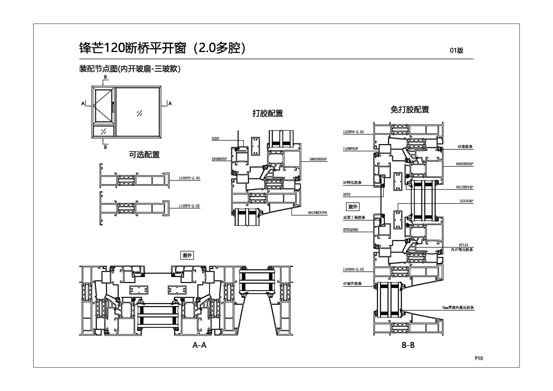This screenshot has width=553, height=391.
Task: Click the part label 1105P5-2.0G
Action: pos(189,178)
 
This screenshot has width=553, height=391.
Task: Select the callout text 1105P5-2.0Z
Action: pos(189,206)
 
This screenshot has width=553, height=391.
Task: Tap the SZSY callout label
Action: pos(215,139)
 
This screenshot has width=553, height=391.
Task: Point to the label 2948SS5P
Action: pos(219,159)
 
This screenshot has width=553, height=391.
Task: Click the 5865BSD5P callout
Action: pos(318,159)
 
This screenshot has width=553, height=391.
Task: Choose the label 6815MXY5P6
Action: pos(317,213)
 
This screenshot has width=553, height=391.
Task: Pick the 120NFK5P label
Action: pos(350,149)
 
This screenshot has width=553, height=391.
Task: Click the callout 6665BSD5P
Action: pos(464,164)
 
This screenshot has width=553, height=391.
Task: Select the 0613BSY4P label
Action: pos(464,187)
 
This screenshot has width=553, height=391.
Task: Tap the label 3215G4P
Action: pos(466,201)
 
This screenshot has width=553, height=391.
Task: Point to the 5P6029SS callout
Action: pos(350,230)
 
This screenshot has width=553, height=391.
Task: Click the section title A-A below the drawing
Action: pos(199,345)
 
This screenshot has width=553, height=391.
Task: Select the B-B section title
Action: pos(408,345)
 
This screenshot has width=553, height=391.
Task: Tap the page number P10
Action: pos(479,358)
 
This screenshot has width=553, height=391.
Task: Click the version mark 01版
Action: pos(457,50)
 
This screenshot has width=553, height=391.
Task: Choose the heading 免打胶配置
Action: pos(410,110)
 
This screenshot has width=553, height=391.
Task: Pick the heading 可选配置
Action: pos(144,155)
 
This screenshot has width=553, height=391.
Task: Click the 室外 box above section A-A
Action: pos(187,255)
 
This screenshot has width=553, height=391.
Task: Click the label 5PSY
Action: pos(346,195)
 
